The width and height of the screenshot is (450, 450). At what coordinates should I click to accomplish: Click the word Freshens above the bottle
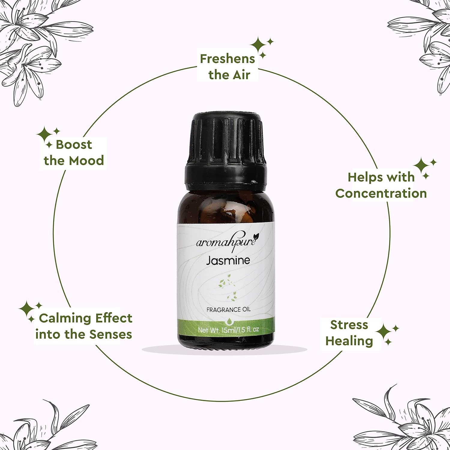point(227,59)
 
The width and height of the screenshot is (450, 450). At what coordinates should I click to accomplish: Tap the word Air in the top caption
point(242,75)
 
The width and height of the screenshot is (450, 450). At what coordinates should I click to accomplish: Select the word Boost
point(74,145)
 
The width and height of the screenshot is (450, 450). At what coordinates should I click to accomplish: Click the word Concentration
point(381,193)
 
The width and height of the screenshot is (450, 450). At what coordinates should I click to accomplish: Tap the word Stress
point(349,325)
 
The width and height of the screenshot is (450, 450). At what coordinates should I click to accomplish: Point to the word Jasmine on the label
point(228,260)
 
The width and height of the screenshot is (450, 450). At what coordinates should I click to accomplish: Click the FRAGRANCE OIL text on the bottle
point(228,310)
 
